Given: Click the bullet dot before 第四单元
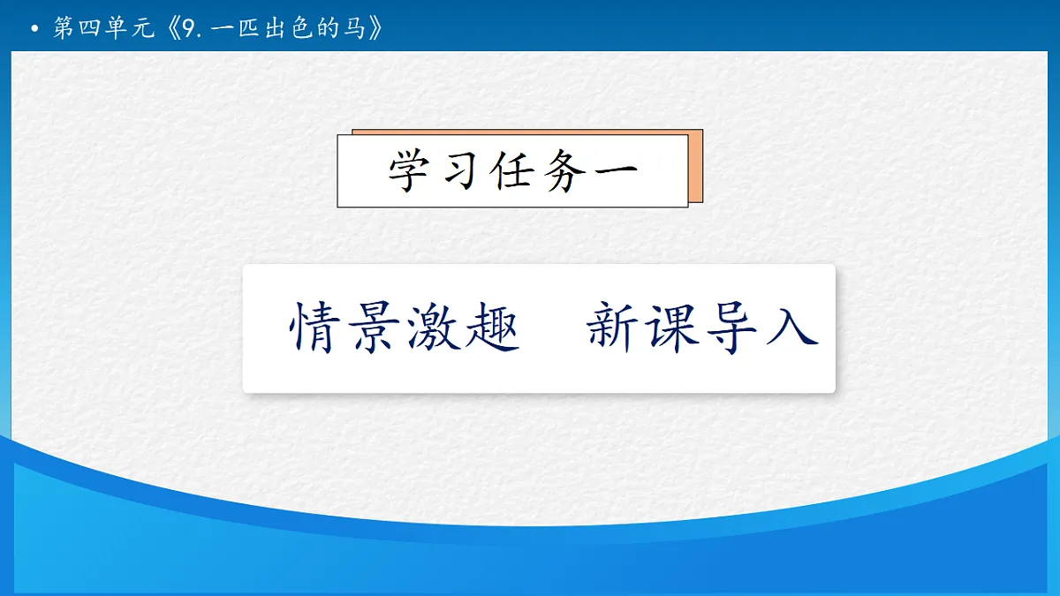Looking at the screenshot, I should (34, 30).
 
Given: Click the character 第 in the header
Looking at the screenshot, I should (64, 29).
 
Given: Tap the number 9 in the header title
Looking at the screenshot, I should (187, 29).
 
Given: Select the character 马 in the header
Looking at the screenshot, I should (356, 29).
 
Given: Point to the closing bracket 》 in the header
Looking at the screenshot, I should (377, 29).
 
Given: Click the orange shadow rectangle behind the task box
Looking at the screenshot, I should (696, 168).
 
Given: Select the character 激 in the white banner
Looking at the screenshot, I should (433, 328).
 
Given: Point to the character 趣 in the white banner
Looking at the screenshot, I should (490, 328).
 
